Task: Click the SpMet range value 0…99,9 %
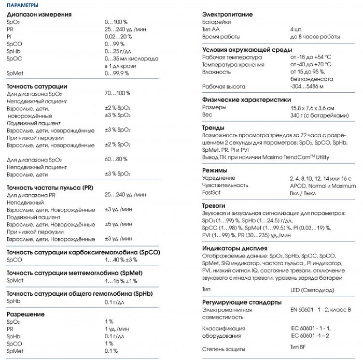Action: click(x=117, y=74)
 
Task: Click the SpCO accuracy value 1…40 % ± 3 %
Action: click(x=121, y=260)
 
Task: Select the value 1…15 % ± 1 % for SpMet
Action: click(x=120, y=281)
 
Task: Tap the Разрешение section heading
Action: click(x=25, y=314)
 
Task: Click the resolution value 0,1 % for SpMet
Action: click(x=111, y=351)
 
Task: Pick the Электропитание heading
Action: click(x=227, y=15)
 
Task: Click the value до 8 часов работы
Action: click(x=315, y=37)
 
